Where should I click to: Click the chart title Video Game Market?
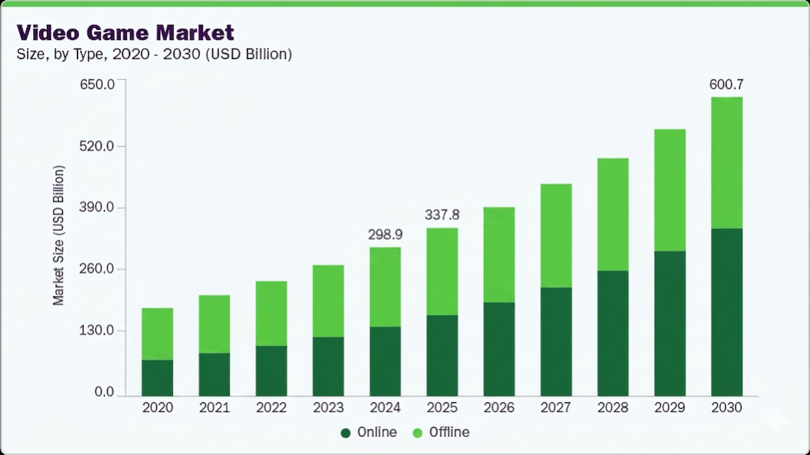coord(125,32)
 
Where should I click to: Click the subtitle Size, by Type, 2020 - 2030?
coord(154,54)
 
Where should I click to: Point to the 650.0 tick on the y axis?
coord(98,84)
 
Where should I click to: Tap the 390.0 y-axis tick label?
coord(98,207)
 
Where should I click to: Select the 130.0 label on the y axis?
coord(98,331)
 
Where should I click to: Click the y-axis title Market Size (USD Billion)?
coord(59,235)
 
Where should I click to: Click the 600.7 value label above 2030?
coord(726,84)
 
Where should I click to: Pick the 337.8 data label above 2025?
coord(442,214)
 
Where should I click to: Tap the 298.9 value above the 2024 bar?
coord(385,235)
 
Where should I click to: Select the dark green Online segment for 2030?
coord(727,312)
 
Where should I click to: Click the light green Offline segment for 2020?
coord(157,334)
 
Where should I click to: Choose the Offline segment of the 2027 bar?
coord(556,235)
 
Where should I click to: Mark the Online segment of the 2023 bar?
coord(328,366)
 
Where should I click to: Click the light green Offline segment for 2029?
coord(670,190)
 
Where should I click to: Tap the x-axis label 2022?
coord(271,408)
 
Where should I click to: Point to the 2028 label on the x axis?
coord(613,408)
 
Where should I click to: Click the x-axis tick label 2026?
coord(499,408)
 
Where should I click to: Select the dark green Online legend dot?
coord(346,433)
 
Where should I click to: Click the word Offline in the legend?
coord(449,432)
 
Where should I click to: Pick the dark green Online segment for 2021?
coord(214,374)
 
